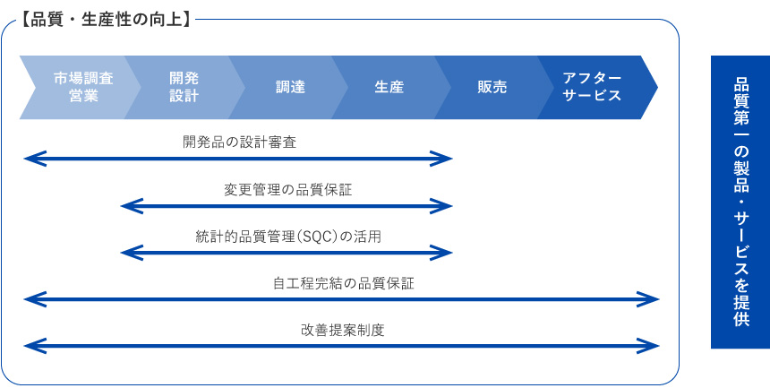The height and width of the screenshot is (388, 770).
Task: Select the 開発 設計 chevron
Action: click(184, 88)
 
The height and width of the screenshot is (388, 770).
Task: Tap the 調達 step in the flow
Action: click(290, 88)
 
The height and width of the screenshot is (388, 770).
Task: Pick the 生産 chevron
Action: click(390, 88)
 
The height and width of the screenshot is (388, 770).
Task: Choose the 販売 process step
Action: click(492, 88)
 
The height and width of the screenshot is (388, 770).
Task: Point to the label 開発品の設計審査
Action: click(240, 142)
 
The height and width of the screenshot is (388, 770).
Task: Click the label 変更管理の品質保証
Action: click(288, 190)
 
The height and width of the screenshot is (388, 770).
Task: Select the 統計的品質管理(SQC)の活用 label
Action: click(288, 237)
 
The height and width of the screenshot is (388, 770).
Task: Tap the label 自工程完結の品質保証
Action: click(344, 284)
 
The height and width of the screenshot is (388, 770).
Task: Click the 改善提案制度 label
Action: click(342, 330)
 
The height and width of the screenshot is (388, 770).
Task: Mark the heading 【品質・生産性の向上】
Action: click(106, 21)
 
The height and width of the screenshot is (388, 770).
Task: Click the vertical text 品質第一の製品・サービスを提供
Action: click(741, 202)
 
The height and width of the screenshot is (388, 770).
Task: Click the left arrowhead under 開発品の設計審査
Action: click(34, 159)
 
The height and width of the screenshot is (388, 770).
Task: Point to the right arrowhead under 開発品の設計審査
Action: click(441, 159)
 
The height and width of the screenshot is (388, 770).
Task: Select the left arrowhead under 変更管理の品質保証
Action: click(131, 206)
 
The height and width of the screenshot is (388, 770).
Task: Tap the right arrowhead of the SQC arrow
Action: click(441, 253)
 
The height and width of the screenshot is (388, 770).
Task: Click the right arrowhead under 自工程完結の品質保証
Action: click(647, 299)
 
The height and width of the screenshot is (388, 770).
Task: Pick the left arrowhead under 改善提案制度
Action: click(34, 346)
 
